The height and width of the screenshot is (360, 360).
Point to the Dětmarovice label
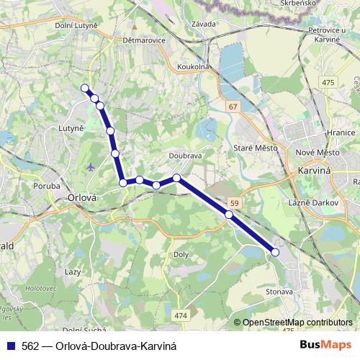pos(145,40)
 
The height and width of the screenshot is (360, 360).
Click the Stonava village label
pos(279,292)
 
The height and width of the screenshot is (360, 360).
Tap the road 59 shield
pos(235,203)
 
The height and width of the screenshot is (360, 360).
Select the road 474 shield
pos(180,315)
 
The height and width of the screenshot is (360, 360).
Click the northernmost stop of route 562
pos(85,89)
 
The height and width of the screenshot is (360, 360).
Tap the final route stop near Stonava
pos(275,252)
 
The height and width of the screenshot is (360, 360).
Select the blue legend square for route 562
pos(10,346)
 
